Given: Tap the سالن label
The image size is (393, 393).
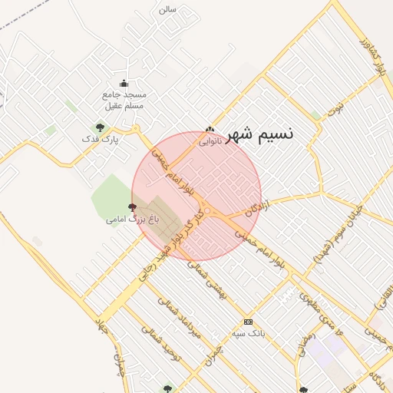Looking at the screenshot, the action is (167, 9).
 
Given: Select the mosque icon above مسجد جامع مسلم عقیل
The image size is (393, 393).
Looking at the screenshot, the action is (124, 84).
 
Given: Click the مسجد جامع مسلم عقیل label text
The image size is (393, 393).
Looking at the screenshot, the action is (124, 100).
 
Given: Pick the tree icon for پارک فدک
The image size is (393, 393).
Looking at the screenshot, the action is (99, 127).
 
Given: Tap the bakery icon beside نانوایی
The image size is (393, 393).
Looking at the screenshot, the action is (210, 130).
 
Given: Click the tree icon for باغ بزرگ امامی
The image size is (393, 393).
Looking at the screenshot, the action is (132, 206).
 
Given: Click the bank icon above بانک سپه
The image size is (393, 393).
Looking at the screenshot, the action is (248, 322).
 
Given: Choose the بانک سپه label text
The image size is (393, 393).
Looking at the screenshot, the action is (247, 334).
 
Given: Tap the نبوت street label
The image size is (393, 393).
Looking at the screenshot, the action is (335, 107).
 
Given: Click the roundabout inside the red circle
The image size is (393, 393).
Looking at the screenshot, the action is (207, 210).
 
